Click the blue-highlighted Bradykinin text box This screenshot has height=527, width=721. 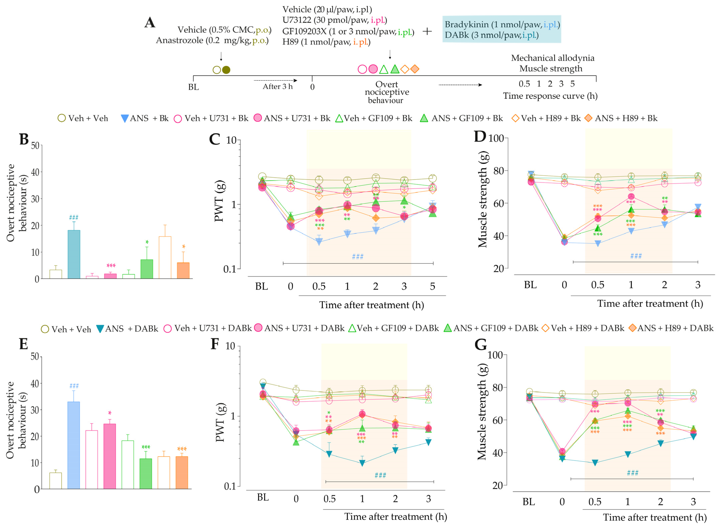[501, 29]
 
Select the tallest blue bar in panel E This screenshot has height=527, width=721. [74, 445]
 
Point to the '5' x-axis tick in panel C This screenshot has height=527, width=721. [432, 286]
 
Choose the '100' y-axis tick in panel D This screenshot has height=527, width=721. [496, 138]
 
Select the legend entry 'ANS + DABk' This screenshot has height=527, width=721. [128, 328]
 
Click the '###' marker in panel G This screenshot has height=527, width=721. [632, 473]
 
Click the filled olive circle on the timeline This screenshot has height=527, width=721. [226, 70]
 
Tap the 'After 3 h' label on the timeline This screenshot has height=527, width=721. [277, 86]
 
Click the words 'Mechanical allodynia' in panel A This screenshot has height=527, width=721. [552, 58]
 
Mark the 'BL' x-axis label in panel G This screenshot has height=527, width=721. [529, 502]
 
